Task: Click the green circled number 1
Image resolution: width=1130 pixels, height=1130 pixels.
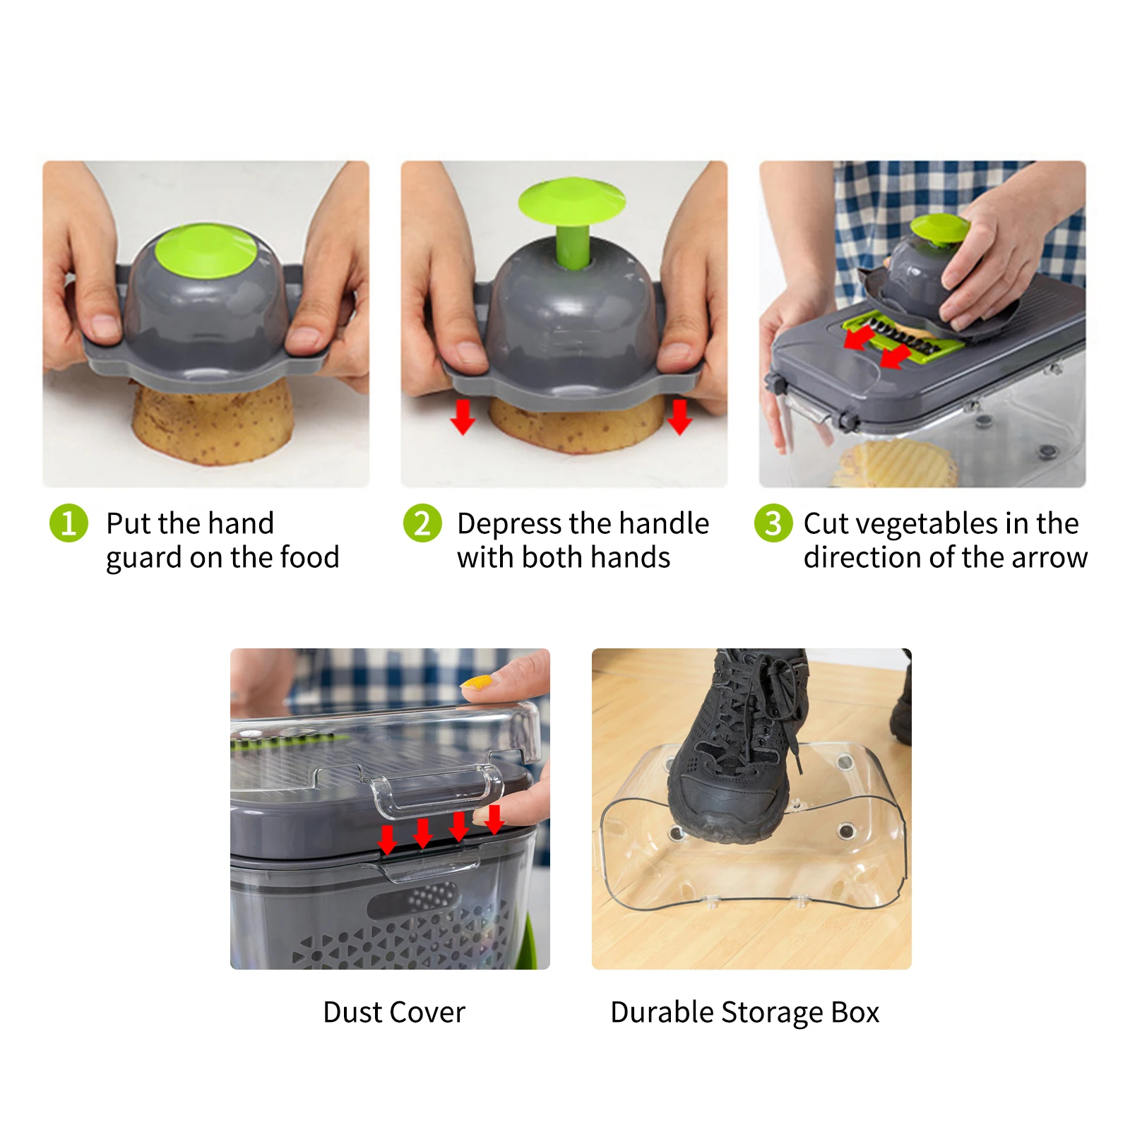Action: (x=69, y=523)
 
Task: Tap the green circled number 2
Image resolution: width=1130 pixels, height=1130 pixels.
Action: (x=422, y=523)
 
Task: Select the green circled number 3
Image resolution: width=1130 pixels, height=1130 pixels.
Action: (x=773, y=523)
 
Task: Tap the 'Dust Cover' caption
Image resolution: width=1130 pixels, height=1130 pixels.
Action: (x=394, y=1012)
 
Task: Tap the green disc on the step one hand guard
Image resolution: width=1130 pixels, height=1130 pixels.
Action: (x=206, y=251)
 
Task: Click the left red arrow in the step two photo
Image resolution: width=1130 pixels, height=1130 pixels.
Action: (x=463, y=416)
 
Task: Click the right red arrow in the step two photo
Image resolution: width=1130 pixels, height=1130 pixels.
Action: (x=679, y=416)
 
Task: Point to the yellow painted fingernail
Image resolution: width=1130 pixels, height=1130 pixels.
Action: (x=477, y=683)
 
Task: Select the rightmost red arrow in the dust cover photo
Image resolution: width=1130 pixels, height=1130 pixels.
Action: (x=494, y=819)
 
